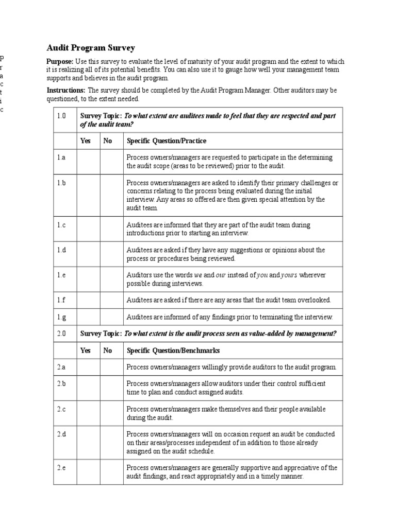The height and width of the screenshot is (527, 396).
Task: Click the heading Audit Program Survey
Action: coord(91,48)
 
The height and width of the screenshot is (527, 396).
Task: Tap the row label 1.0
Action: coord(62,116)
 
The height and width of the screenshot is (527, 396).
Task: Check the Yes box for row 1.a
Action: coord(88,161)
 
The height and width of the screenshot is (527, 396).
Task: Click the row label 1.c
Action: coord(62,225)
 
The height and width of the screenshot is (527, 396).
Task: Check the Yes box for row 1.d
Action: coord(88,254)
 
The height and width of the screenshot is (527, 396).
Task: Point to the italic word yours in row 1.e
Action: coord(289,275)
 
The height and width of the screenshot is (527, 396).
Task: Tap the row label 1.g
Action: coord(62,317)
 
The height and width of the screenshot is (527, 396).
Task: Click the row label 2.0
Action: coord(62,333)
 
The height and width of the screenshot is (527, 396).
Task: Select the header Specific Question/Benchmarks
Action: coord(173,350)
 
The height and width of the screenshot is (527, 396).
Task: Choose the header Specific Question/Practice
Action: coord(167,140)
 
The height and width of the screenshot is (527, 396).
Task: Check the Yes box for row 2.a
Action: coord(88,367)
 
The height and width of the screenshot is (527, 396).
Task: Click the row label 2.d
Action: coord(62,434)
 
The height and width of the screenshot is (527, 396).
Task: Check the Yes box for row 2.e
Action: coord(88,471)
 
